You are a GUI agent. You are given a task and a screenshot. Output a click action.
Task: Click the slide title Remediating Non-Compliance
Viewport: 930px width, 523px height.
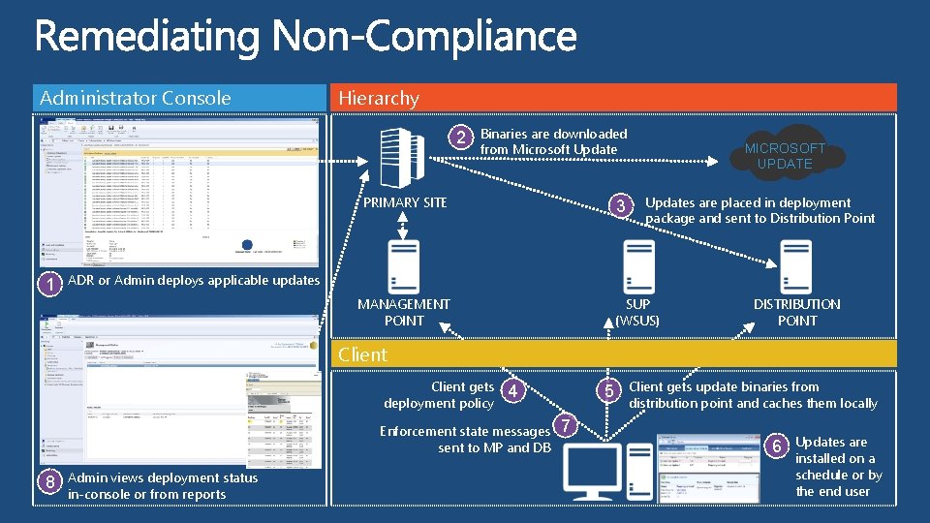pos(306,40)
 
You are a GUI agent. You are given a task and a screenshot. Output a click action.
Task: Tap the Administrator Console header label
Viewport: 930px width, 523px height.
pos(135,98)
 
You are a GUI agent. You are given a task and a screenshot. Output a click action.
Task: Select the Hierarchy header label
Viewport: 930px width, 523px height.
pos(378,98)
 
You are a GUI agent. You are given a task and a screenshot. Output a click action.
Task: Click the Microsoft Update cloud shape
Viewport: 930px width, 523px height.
pos(785,155)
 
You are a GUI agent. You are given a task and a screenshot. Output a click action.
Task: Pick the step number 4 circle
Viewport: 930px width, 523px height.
pos(515,390)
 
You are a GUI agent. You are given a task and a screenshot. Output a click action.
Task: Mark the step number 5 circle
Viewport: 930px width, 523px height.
pos(608,390)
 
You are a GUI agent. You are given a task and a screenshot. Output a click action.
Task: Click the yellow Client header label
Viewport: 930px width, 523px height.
pos(362,354)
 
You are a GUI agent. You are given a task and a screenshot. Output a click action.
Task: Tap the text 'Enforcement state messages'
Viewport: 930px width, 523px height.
pos(465,431)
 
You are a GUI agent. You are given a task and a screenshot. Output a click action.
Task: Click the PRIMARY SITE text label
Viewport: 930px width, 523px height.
pos(405,202)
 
